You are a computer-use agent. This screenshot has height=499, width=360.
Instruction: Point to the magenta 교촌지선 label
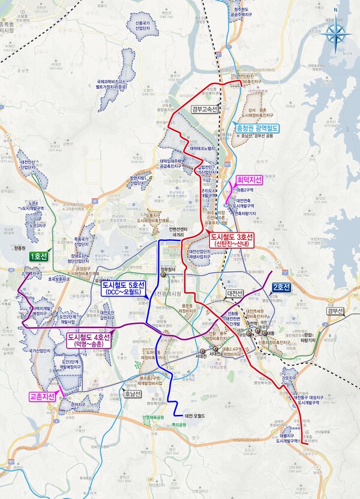42,396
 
